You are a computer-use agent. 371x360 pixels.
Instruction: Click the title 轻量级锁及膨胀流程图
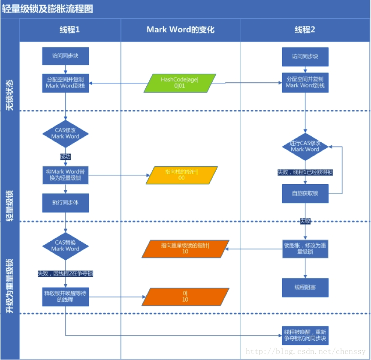48,9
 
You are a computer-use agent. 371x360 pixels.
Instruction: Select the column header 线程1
69,30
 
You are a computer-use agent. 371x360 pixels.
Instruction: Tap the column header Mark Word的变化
180,30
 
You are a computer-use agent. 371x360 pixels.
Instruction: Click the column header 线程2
305,30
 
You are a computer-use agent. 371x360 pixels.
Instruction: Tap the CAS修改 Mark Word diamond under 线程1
65,133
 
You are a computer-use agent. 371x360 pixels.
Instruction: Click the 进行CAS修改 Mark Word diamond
305,147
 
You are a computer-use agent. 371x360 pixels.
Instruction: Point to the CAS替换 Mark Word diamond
65,246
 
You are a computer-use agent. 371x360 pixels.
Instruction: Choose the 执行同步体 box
65,203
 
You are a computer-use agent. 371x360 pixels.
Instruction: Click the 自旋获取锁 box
305,193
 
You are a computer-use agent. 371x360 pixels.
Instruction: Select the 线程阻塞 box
305,287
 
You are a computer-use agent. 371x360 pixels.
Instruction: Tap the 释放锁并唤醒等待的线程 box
65,297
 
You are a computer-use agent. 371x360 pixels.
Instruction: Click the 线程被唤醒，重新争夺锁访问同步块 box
305,335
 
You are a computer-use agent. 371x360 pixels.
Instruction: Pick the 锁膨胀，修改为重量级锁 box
305,249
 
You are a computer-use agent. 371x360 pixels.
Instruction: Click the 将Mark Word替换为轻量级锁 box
65,175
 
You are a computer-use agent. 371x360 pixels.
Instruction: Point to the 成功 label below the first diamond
65,157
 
